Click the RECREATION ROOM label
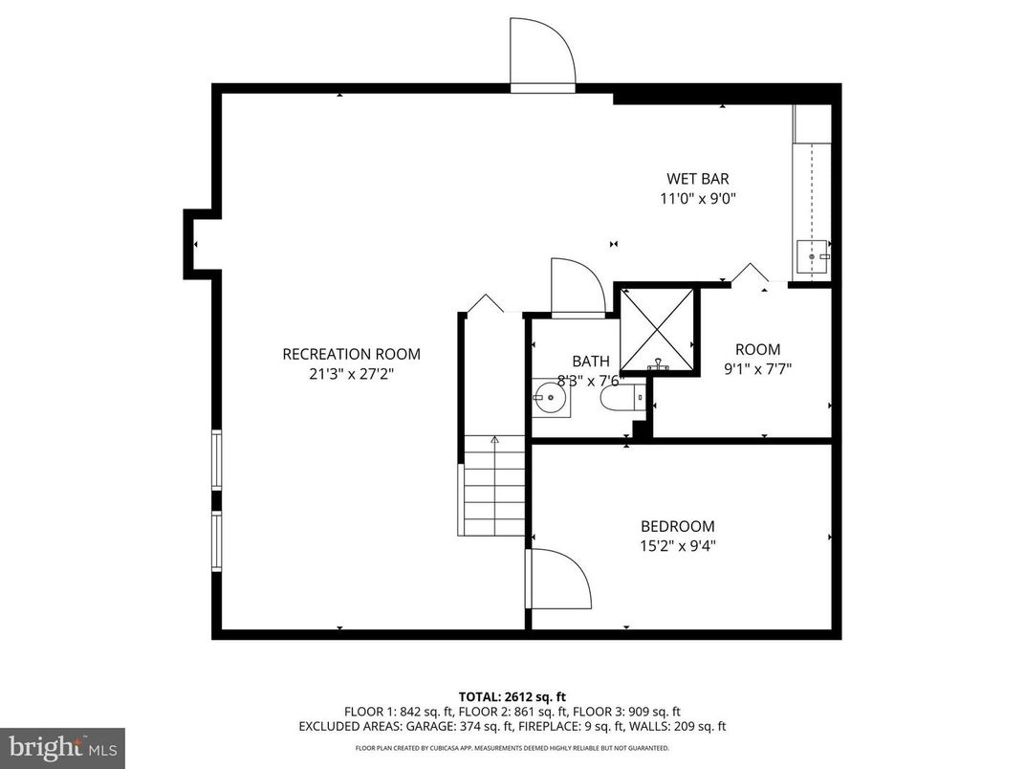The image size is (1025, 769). point(351,354)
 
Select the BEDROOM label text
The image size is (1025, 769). point(677,526)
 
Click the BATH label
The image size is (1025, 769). point(590,361)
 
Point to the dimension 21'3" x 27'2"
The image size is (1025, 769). point(351,374)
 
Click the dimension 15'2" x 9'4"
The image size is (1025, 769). point(677,546)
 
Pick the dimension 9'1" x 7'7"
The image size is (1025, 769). point(757,368)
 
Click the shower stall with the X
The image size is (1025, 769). point(658,329)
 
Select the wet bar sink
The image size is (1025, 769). point(813,257)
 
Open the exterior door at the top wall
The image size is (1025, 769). point(542,55)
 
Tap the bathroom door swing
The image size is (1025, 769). point(577,286)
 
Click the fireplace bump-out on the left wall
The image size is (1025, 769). point(199,245)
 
